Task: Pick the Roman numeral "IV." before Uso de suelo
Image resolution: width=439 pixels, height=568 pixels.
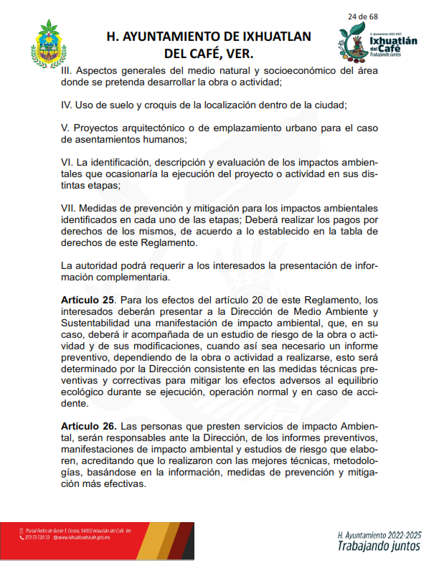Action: [67, 105]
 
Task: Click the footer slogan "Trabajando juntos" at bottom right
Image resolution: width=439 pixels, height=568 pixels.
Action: [379, 546]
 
